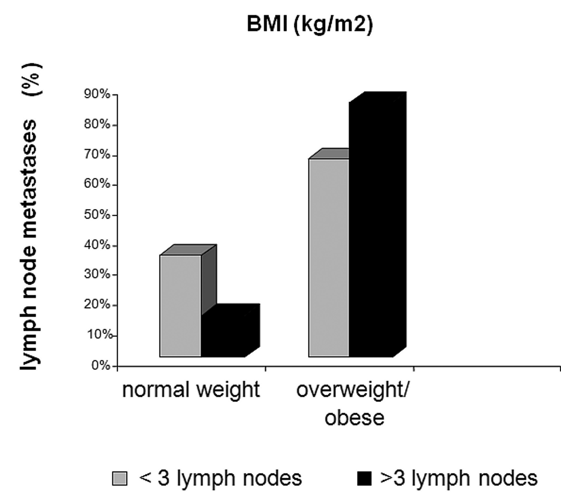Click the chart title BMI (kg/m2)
pyautogui.click(x=310, y=25)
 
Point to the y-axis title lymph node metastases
pyautogui.click(x=29, y=245)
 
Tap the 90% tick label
pyautogui.click(x=97, y=94)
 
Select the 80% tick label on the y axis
pyautogui.click(x=97, y=124)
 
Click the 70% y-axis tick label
pyautogui.click(x=97, y=154)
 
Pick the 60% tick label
pyautogui.click(x=97, y=184)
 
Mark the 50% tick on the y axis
pyautogui.click(x=97, y=215)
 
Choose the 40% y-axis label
pyautogui.click(x=97, y=245)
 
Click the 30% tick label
pyautogui.click(x=97, y=274)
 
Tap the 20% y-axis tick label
pyautogui.click(x=97, y=305)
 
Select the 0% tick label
pyautogui.click(x=101, y=365)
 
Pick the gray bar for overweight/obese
pyautogui.click(x=329, y=258)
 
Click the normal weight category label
pyautogui.click(x=191, y=390)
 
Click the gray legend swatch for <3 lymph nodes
pyautogui.click(x=120, y=478)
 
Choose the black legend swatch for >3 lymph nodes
pyautogui.click(x=364, y=478)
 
